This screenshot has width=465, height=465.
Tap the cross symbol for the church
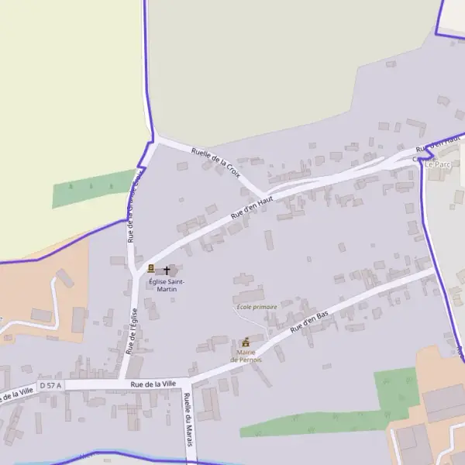[x=166, y=269]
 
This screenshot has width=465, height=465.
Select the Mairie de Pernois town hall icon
[x=246, y=341]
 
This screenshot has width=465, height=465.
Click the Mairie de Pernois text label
[x=246, y=356]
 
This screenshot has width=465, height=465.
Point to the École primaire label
[x=257, y=307]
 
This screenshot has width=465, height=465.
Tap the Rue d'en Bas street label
[x=310, y=322]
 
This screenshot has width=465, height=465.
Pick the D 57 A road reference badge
[x=51, y=384]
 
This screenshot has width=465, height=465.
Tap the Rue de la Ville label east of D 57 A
[x=153, y=384]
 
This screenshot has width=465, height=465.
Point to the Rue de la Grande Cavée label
[x=134, y=205]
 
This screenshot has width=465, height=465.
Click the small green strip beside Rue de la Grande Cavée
[x=93, y=188]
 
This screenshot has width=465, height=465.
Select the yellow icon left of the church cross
[x=151, y=268]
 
